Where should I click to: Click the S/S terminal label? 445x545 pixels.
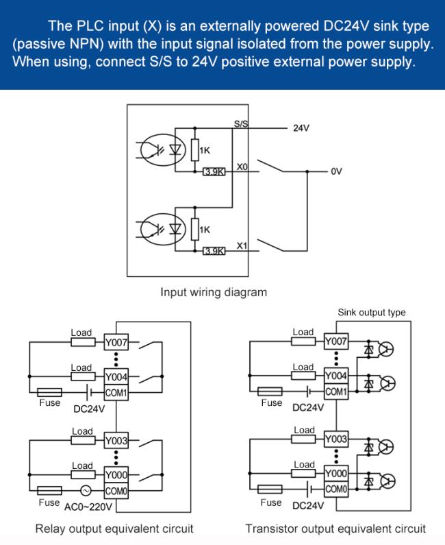(x=241, y=123)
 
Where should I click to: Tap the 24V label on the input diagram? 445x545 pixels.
(x=301, y=128)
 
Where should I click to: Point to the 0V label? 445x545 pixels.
(x=336, y=171)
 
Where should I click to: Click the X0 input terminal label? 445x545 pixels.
(x=242, y=167)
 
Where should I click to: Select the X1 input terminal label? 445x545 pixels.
(x=242, y=245)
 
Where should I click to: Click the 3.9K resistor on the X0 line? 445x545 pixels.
(x=214, y=171)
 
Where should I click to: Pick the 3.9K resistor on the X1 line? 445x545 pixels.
(x=214, y=251)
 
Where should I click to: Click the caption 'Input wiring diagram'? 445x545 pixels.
(x=214, y=292)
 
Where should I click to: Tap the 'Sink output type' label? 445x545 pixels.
(x=372, y=312)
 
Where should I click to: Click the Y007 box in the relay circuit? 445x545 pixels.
(x=116, y=343)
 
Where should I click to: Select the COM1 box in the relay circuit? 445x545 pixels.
(x=116, y=393)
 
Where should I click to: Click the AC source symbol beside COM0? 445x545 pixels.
(x=86, y=491)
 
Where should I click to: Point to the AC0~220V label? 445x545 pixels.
(x=88, y=507)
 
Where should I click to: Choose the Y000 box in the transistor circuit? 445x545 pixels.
(x=336, y=474)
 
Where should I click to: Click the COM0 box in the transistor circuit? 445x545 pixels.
(x=336, y=489)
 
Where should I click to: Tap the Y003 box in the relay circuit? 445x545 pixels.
(x=116, y=441)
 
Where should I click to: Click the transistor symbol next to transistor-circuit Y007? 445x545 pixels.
(x=385, y=350)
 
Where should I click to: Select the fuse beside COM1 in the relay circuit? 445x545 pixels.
(x=50, y=392)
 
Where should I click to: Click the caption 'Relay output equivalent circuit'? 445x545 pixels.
(x=114, y=529)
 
